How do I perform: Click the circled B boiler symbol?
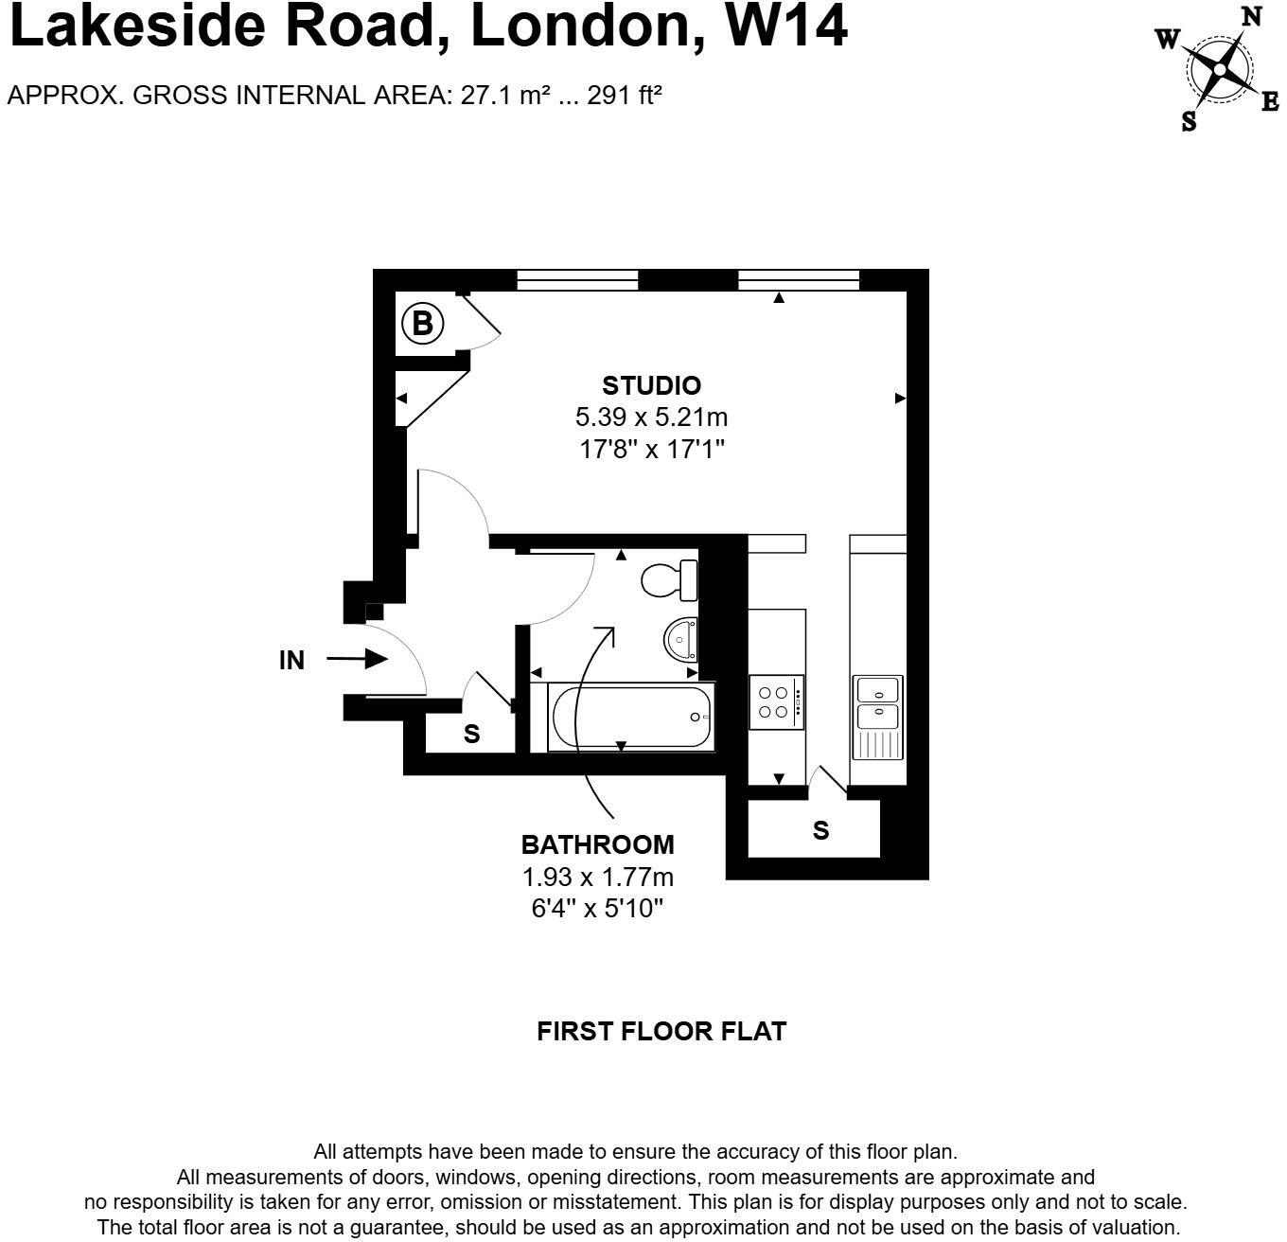coord(422,324)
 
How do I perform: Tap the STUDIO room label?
coord(651,385)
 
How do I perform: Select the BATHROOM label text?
coord(598,843)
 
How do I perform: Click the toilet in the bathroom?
coord(669,579)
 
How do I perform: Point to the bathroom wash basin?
coord(680,640)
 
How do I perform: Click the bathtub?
coord(630,718)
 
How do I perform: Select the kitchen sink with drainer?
coord(877,717)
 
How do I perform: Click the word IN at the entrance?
coord(292,660)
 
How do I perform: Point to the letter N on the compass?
coord(1251,17)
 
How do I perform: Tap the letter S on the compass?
coord(1189,120)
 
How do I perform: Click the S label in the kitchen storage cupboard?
coord(820,830)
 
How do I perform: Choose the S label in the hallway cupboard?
coord(471,734)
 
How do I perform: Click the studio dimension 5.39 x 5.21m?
coord(651,417)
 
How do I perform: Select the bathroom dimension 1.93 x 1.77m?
coord(598,876)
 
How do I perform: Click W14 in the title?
coord(786,27)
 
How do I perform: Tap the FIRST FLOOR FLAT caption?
coord(661,1031)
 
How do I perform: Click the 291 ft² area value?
coord(624,95)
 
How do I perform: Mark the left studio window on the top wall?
coord(577,279)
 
